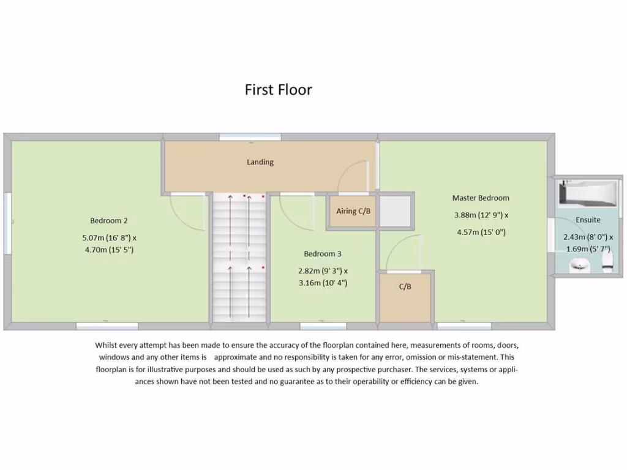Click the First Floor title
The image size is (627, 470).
[x=279, y=90]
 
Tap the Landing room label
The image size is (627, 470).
[x=260, y=162]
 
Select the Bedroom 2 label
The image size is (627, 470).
[x=109, y=221]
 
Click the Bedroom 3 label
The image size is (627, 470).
[x=323, y=254]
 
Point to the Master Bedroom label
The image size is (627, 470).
[x=481, y=198]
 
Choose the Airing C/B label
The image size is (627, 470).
[x=353, y=211]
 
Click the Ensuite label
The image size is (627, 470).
[x=588, y=220]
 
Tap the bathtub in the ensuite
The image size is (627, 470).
[x=587, y=194]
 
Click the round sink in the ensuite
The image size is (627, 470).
[x=579, y=266]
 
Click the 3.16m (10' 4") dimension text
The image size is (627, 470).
[x=323, y=283]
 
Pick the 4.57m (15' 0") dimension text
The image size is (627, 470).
[x=481, y=232]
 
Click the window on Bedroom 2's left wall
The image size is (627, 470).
[x=7, y=224]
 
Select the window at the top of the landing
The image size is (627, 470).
[x=250, y=138]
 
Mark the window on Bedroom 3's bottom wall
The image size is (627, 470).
[x=323, y=326]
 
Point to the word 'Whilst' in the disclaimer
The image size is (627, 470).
[x=108, y=345]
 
